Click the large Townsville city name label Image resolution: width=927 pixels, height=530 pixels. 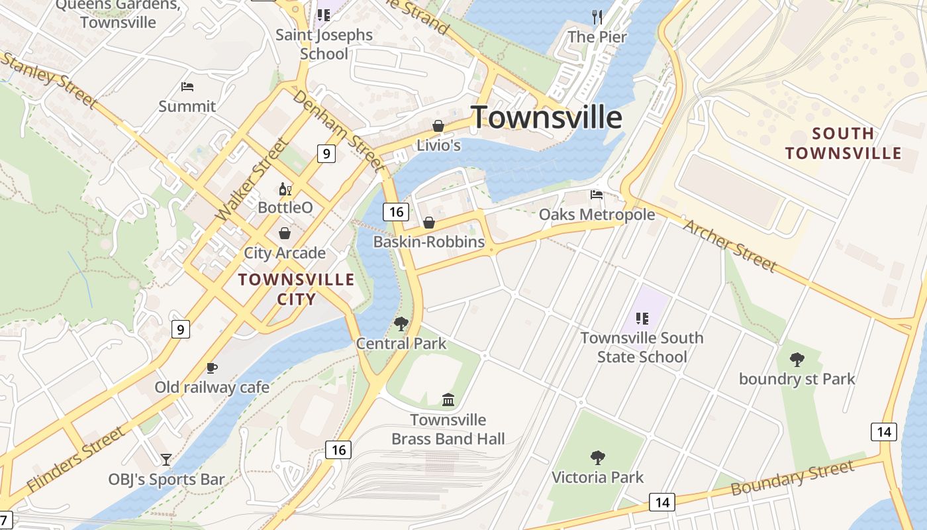click(x=546, y=117)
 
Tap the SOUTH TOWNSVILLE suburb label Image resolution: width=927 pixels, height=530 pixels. click(x=843, y=144)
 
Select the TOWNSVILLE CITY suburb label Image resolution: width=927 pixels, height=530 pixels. click(x=296, y=289)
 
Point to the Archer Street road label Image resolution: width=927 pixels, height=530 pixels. click(x=730, y=245)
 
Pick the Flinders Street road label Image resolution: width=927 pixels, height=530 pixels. click(x=77, y=458)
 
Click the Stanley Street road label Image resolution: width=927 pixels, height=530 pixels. click(x=49, y=79)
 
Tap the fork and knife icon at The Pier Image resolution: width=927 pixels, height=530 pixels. click(x=597, y=17)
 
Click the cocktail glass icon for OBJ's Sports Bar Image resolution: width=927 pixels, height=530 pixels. click(x=166, y=459)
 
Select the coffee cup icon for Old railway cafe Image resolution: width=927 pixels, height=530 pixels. click(x=212, y=368)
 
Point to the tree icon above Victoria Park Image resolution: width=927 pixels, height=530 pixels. click(x=597, y=457)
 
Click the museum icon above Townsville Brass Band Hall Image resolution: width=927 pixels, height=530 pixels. click(x=448, y=399)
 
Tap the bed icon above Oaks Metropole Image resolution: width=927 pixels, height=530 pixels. click(x=597, y=195)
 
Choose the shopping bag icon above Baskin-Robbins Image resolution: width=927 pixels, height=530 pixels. click(x=429, y=223)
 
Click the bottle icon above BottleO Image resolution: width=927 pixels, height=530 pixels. click(x=285, y=189)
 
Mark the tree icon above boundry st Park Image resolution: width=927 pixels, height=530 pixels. click(x=797, y=360)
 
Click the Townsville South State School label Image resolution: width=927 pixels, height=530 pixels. click(x=642, y=347)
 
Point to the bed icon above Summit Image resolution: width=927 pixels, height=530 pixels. click(x=187, y=87)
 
